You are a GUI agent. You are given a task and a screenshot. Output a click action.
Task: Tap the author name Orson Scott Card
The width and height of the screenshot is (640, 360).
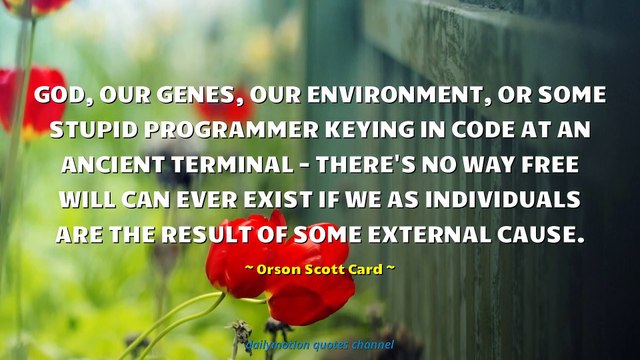point(319,268)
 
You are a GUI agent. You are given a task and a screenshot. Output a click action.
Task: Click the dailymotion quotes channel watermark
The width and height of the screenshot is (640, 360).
point(320,344)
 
